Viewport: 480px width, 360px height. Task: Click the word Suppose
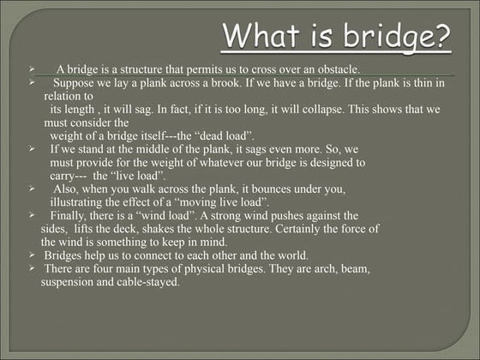[74, 83]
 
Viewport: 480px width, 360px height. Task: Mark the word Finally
[68, 216]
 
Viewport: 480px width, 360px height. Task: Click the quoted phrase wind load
[163, 216]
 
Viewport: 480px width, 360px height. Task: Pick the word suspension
[71, 282]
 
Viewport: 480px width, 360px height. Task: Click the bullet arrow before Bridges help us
[31, 255]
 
